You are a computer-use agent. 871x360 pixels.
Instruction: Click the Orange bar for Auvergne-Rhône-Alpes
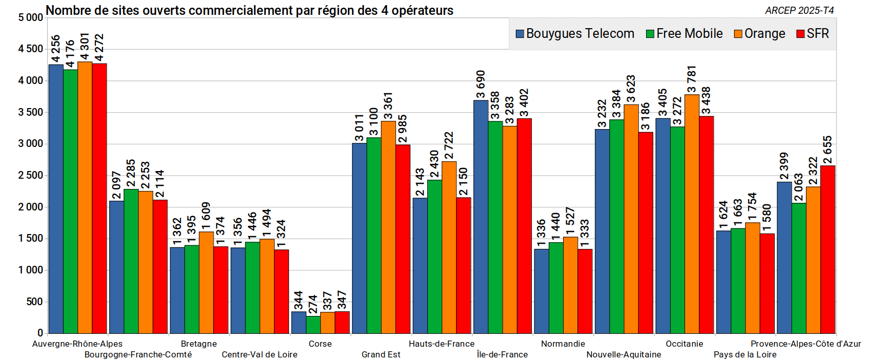[85, 198]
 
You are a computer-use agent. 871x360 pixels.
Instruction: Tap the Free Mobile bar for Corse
[313, 325]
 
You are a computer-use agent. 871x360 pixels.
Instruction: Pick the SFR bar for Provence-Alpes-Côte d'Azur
[828, 249]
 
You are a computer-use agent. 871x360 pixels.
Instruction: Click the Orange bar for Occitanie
[692, 214]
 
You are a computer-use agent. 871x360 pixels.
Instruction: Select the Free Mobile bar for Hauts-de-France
[434, 257]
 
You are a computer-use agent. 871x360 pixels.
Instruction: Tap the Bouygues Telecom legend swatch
[520, 34]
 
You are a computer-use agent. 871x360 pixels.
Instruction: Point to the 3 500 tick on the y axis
[31, 112]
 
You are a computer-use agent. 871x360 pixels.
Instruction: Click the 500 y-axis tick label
[35, 302]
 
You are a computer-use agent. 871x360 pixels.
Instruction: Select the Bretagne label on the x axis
[199, 344]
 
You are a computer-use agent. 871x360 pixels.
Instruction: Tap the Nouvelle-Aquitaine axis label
[624, 354]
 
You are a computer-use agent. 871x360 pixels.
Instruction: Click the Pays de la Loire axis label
[745, 354]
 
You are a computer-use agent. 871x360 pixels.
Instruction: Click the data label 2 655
[828, 150]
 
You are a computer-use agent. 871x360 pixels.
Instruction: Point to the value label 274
[313, 304]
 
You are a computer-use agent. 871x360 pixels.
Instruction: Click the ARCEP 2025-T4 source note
[799, 10]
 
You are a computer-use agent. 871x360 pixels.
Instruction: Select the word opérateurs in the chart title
[422, 10]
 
